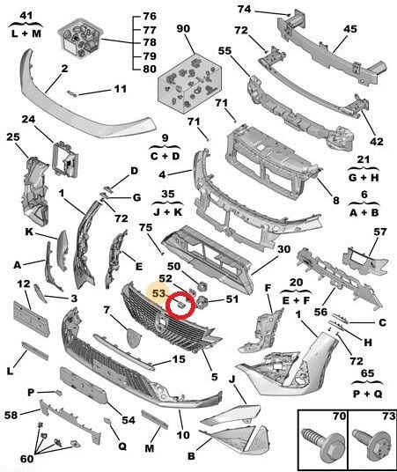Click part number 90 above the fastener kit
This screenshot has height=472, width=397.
pyautogui.click(x=183, y=29)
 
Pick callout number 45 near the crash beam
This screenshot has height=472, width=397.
pyautogui.click(x=349, y=29)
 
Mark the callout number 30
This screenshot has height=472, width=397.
pyautogui.click(x=283, y=249)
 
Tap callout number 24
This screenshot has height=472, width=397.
pyautogui.click(x=27, y=120)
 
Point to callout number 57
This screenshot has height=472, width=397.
pyautogui.click(x=379, y=232)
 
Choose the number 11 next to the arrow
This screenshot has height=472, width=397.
pyautogui.click(x=120, y=88)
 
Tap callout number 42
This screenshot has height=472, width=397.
pyautogui.click(x=376, y=141)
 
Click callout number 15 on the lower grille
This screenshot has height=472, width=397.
pyautogui.click(x=178, y=359)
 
